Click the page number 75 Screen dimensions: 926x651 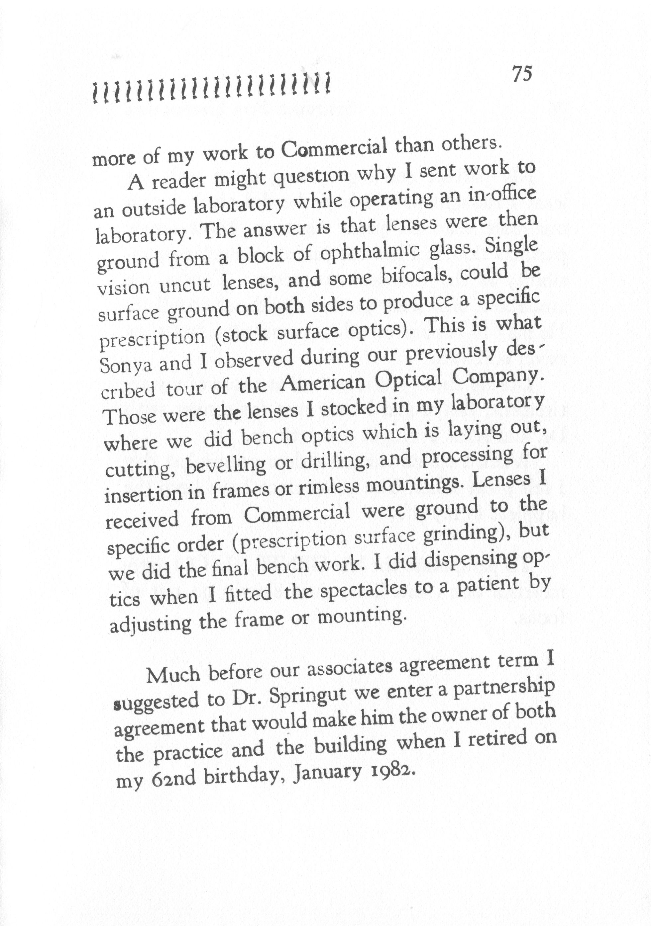tap(522, 74)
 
